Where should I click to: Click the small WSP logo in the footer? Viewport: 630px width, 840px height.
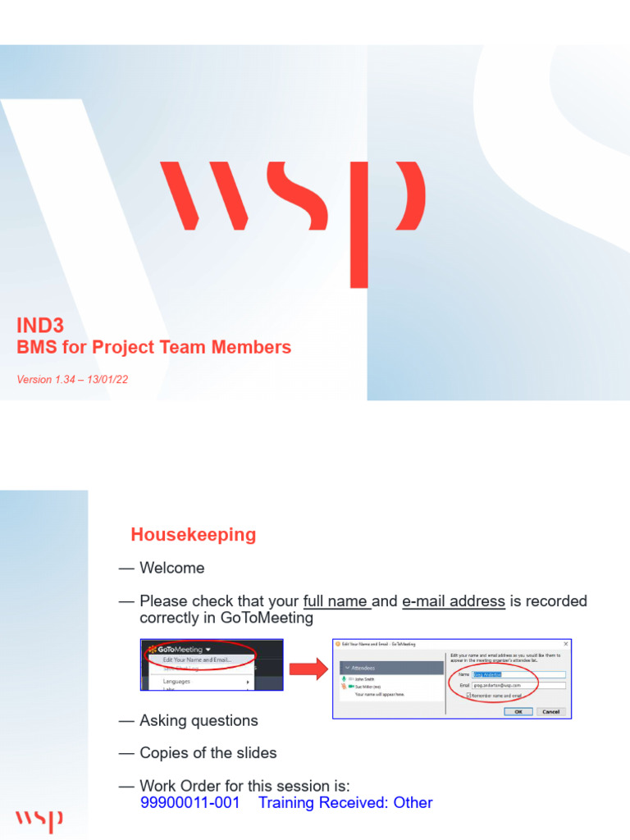click(x=39, y=819)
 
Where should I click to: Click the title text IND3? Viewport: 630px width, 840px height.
click(x=40, y=326)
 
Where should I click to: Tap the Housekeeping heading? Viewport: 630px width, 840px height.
click(x=193, y=535)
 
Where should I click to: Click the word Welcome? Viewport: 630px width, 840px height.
click(x=172, y=568)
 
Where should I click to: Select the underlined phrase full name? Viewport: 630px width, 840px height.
click(x=336, y=601)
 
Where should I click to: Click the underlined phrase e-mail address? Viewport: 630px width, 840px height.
click(x=454, y=601)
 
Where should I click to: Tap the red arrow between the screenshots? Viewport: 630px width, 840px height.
click(x=309, y=669)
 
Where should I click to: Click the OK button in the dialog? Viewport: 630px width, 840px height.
click(x=518, y=711)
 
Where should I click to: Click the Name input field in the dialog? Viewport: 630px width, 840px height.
click(x=519, y=674)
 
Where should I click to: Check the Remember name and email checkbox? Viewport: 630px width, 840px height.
click(x=468, y=696)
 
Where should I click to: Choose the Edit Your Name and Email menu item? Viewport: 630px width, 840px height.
click(x=197, y=659)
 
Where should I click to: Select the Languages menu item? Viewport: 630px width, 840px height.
click(x=177, y=681)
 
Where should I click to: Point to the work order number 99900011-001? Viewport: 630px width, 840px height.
click(x=190, y=802)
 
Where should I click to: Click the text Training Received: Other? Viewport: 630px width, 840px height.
click(x=345, y=802)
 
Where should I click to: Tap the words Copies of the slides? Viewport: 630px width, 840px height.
click(x=208, y=753)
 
